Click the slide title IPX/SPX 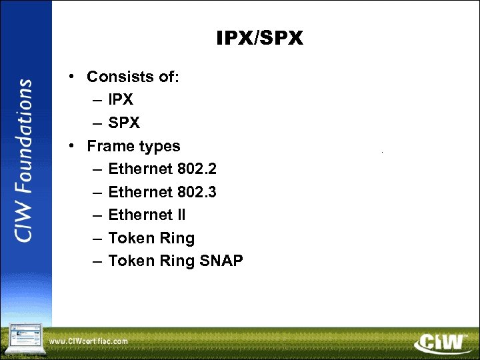coord(259,39)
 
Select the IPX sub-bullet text coord(121,99)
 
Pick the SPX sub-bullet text coord(123,123)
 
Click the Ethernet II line coord(147,215)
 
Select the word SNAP coord(221,261)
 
